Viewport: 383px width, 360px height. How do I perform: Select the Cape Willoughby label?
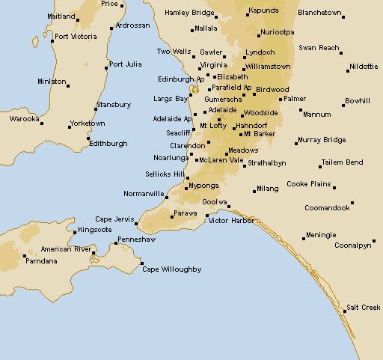[x=172, y=269]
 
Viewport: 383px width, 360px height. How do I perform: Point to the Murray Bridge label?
[x=321, y=140]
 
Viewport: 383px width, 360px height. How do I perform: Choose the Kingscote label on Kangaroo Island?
[x=94, y=229]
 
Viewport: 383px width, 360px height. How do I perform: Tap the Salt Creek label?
[x=364, y=308]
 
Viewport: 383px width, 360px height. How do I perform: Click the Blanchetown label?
[x=319, y=13]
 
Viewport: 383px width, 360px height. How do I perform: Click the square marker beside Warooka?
[x=42, y=123]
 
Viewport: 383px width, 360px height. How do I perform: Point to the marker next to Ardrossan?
[x=112, y=28]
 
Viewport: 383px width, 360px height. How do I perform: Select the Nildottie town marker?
[x=349, y=70]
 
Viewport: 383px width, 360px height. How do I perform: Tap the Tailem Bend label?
[x=342, y=162]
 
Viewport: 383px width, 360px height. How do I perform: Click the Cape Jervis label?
[x=114, y=218]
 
